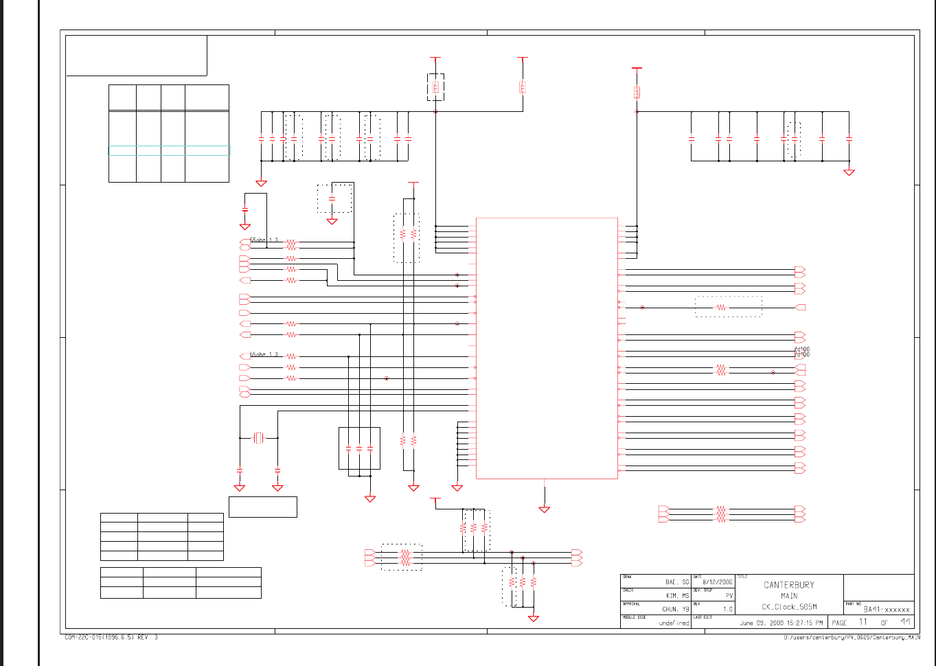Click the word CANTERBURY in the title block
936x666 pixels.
(x=788, y=585)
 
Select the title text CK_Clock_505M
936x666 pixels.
(x=789, y=607)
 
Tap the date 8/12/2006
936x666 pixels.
(x=717, y=582)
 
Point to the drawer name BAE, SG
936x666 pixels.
(x=676, y=582)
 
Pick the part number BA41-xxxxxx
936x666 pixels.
(x=886, y=609)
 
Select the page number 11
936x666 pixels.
(x=863, y=622)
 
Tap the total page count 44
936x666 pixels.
(x=906, y=622)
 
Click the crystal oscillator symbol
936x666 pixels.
(x=258, y=437)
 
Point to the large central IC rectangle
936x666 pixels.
(x=547, y=348)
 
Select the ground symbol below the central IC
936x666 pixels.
(x=545, y=509)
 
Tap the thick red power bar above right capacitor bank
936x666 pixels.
(x=637, y=68)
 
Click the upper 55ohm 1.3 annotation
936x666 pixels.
(x=264, y=240)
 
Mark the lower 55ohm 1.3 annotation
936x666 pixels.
(x=264, y=354)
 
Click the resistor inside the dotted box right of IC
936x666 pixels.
(x=721, y=308)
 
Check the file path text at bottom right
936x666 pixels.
(x=852, y=638)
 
